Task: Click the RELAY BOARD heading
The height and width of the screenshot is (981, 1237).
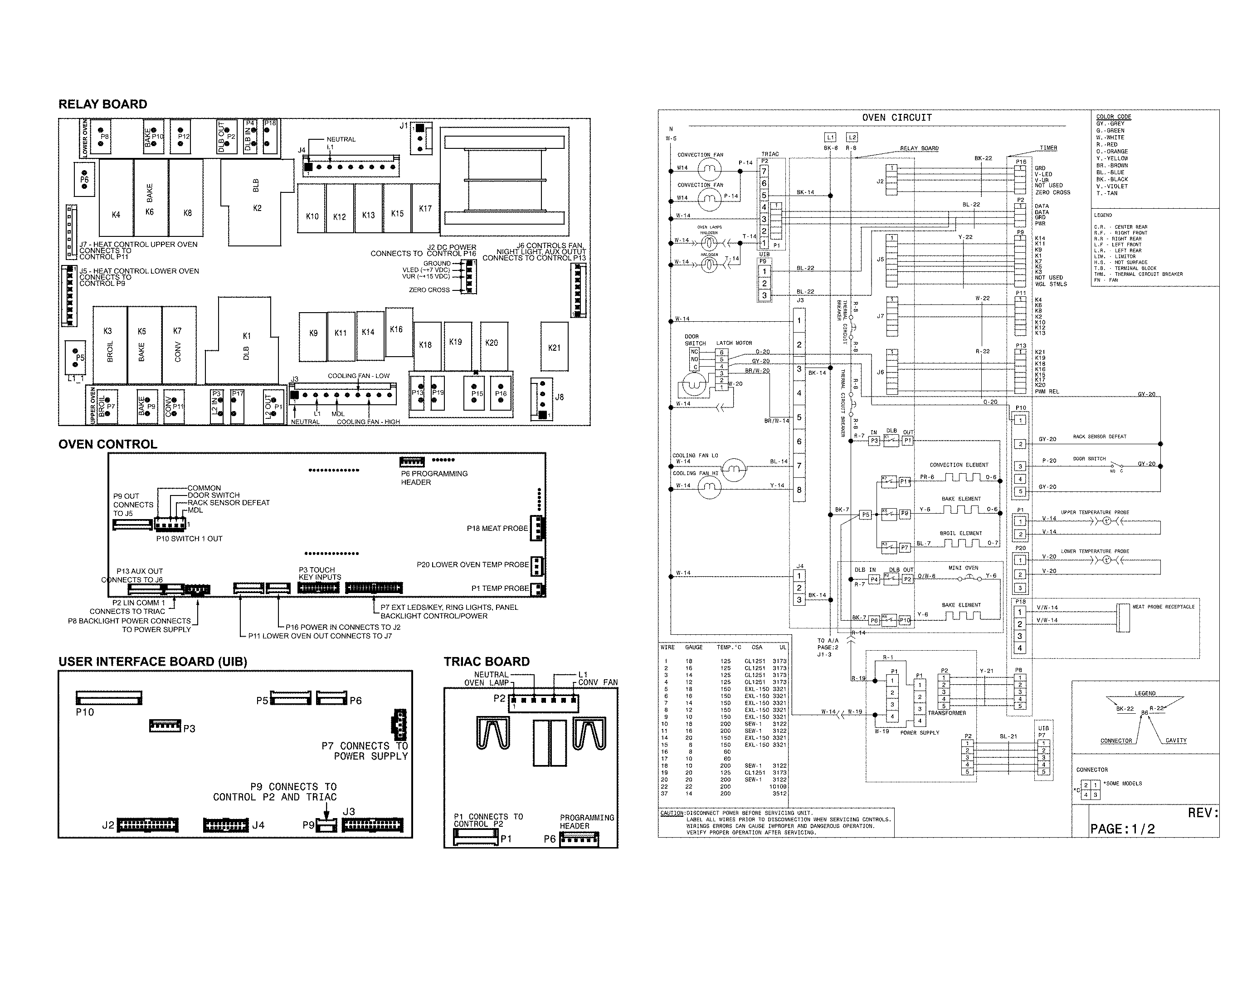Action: pos(102,104)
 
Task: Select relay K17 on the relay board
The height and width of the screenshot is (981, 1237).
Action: pos(425,208)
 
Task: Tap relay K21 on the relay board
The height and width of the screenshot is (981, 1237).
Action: pos(554,347)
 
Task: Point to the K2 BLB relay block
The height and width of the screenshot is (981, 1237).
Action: pos(257,201)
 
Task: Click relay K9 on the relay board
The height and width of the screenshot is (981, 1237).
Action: pos(313,333)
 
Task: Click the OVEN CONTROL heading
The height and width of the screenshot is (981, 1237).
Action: pos(107,444)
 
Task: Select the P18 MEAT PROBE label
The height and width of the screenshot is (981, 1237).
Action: pos(497,528)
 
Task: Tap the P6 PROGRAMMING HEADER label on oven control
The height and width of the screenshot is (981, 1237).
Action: pos(434,478)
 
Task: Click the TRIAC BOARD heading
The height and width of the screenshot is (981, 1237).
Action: pos(486,661)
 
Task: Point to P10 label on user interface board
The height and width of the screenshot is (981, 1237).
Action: pos(85,712)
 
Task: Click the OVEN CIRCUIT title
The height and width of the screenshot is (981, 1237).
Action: pos(897,118)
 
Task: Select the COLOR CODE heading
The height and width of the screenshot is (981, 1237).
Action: pos(1113,117)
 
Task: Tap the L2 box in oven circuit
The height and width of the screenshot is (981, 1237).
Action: pos(852,137)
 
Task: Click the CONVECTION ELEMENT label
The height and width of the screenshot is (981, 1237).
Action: pos(959,465)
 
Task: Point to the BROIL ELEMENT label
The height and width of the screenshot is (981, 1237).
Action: pos(960,533)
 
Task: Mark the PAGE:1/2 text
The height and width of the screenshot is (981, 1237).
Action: pos(1122,829)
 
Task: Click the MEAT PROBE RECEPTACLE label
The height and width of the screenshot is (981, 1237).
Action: pos(1163,607)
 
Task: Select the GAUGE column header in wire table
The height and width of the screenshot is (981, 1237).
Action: pos(694,647)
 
